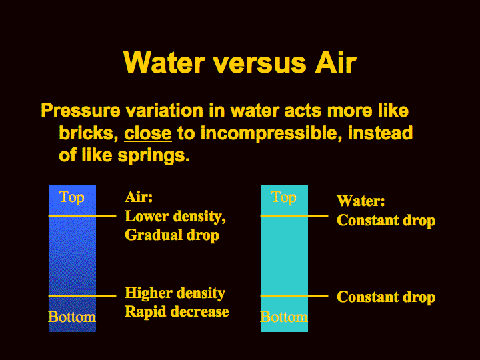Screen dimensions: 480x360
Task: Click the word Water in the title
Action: [x=164, y=62]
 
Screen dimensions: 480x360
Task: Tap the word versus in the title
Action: [x=260, y=63]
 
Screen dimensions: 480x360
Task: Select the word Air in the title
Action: [x=336, y=62]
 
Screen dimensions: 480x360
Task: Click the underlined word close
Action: [x=148, y=133]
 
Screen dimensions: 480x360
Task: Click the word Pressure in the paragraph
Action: [x=81, y=110]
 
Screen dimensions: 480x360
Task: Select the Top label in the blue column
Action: [x=71, y=197]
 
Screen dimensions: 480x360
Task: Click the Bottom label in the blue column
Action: [x=72, y=317]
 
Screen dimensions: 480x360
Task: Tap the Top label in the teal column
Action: [x=284, y=197]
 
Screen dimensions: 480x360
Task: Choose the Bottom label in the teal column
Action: [x=284, y=317]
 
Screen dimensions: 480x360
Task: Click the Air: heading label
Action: [x=139, y=197]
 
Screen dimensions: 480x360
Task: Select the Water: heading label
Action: [x=361, y=201]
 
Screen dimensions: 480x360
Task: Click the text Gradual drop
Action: [x=172, y=235]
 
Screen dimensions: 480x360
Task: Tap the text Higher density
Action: [x=175, y=293]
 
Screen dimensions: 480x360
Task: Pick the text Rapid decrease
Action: [x=177, y=312]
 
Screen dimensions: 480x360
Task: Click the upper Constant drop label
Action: [x=386, y=221]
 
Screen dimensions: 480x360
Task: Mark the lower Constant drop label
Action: [x=386, y=297]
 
